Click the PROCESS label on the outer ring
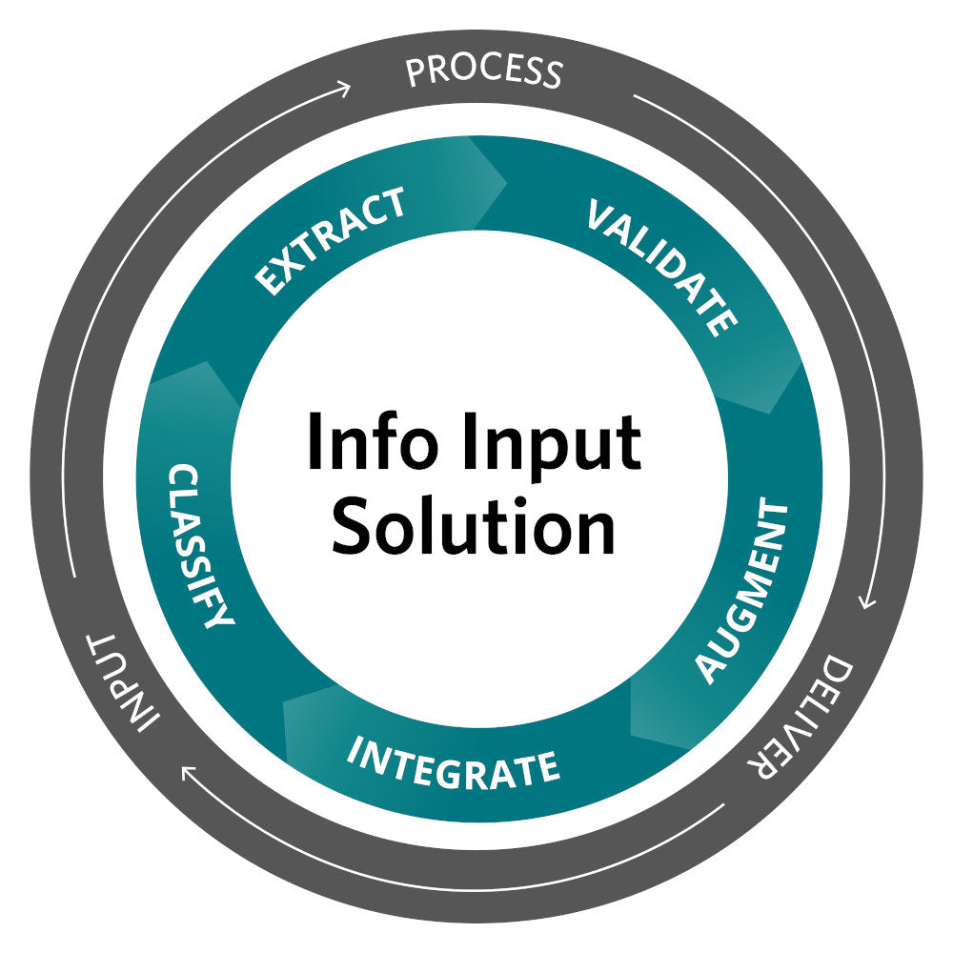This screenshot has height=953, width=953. coord(484,71)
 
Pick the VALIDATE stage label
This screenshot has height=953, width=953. coord(662,266)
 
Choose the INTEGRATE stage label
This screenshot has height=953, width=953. coord(452,761)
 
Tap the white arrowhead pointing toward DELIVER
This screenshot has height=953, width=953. coord(865,601)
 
